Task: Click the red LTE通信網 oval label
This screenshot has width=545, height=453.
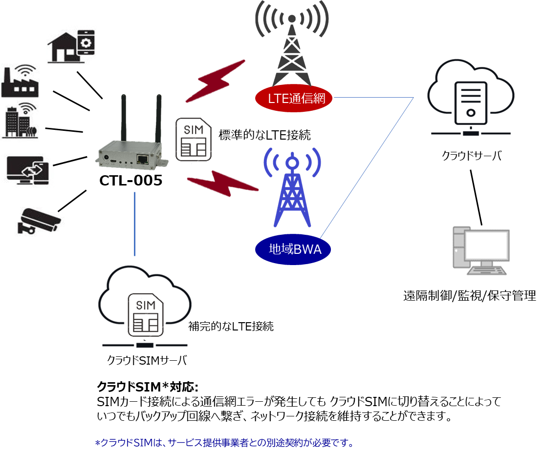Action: click(294, 98)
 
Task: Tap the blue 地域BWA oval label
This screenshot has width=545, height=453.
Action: click(293, 249)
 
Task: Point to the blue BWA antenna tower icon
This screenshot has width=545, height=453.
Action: click(292, 187)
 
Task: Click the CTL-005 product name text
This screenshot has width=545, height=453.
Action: click(131, 181)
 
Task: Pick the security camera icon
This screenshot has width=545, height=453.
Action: click(39, 221)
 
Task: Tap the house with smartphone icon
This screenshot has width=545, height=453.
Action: click(71, 46)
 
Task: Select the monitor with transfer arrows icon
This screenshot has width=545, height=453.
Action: click(28, 170)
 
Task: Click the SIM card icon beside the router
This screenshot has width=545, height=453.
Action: click(194, 140)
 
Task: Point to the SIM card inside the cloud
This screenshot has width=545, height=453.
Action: click(146, 315)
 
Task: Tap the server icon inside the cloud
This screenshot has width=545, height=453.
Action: click(471, 103)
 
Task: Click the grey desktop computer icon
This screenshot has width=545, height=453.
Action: click(481, 250)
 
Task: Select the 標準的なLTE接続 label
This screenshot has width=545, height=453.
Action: click(264, 135)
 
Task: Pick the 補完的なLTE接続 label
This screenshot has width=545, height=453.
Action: click(231, 326)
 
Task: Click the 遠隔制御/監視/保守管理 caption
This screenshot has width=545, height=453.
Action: click(470, 296)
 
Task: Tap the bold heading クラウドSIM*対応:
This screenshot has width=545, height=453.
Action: click(148, 386)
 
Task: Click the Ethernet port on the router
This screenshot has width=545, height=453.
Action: click(142, 160)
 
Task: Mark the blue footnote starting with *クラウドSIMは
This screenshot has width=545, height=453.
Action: click(224, 443)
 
